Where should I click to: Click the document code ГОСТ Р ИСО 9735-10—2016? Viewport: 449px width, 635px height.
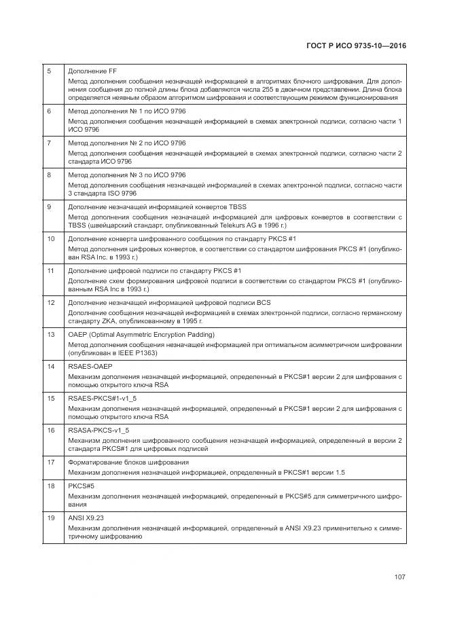[x=358, y=47]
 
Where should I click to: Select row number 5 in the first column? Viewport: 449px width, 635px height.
[x=49, y=71]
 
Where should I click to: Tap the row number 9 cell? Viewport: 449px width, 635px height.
[x=49, y=206]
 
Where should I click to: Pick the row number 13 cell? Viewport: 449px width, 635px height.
[x=50, y=335]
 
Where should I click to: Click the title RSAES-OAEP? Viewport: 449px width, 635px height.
[x=90, y=367]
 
